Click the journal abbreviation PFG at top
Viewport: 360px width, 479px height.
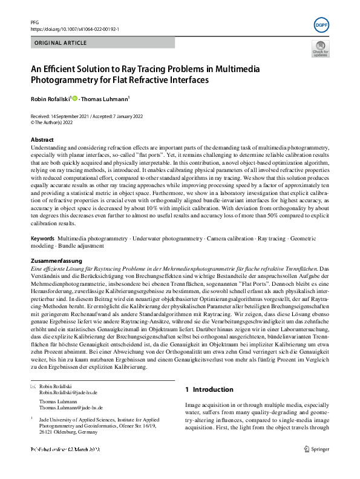(x=34, y=21)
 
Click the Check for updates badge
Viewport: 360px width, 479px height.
(x=320, y=49)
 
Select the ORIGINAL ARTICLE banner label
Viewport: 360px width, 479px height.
(x=59, y=43)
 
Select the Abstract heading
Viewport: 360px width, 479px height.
(x=42, y=140)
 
